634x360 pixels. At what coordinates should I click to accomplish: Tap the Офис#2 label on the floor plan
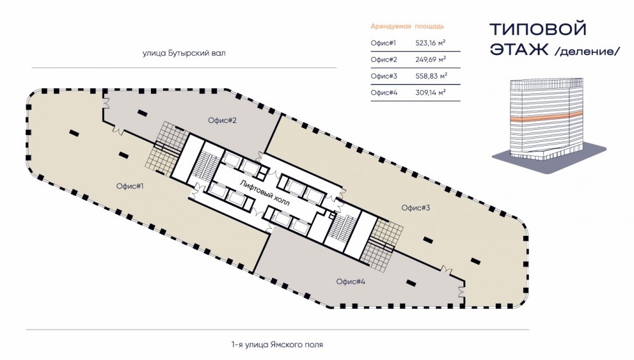222,120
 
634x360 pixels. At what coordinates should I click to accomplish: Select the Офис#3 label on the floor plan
417,207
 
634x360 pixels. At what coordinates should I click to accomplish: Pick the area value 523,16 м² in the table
430,43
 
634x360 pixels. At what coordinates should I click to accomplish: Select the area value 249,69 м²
430,60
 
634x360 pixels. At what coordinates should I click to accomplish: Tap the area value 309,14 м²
430,93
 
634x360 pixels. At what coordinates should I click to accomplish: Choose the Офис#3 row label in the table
384,76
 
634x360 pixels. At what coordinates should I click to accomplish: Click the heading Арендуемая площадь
406,27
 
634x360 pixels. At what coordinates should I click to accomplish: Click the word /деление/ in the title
586,51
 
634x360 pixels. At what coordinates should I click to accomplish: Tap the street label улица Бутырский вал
184,54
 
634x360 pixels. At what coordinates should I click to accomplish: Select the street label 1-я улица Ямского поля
278,344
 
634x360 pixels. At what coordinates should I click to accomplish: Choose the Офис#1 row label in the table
384,43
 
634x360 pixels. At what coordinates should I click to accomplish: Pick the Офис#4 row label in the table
384,93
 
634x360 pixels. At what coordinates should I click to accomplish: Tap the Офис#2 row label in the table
384,60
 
